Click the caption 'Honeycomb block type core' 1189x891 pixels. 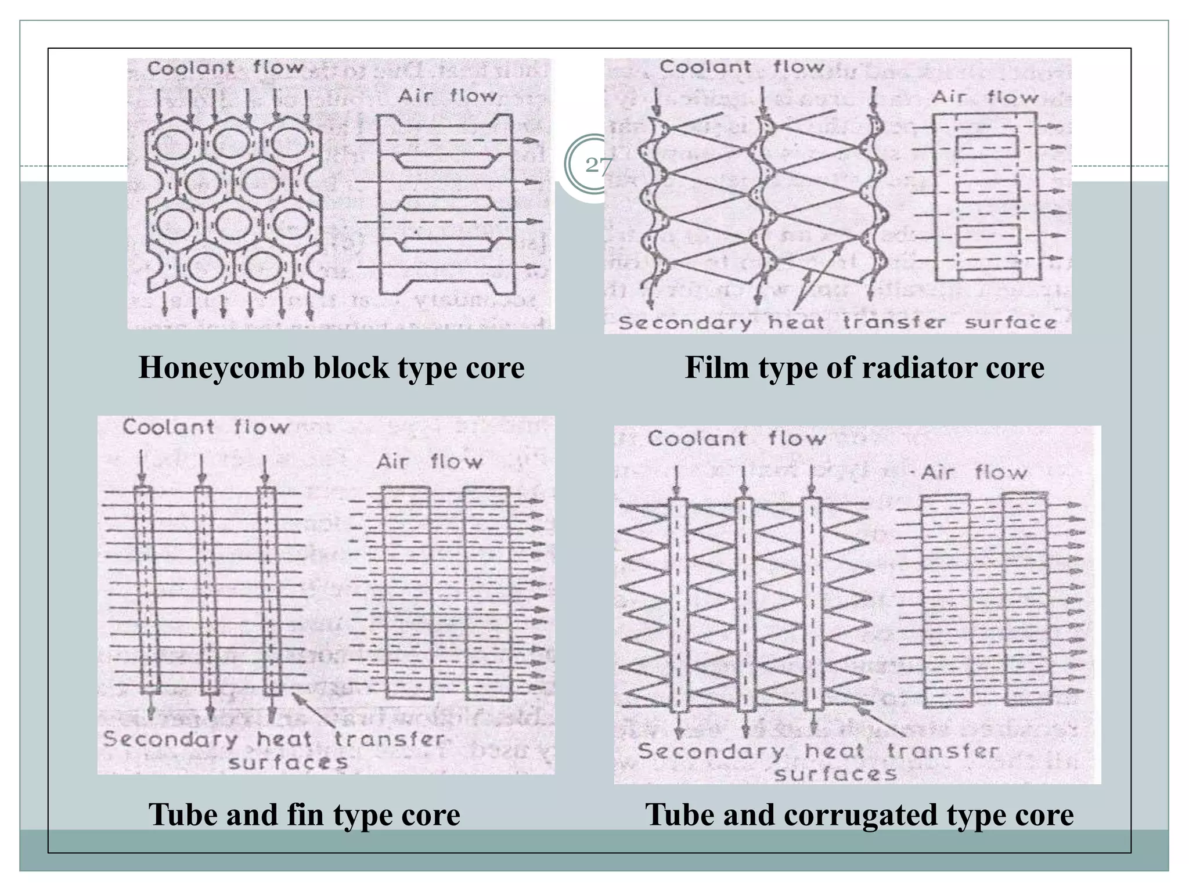click(x=332, y=367)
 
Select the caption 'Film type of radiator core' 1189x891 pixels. click(x=864, y=367)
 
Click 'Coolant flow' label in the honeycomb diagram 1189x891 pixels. click(x=225, y=68)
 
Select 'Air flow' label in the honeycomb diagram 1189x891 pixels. click(x=447, y=95)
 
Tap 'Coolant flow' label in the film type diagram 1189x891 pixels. click(x=741, y=67)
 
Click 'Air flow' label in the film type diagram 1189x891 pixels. click(x=985, y=97)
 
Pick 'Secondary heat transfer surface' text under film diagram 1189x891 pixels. click(x=837, y=323)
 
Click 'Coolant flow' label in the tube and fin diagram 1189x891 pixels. click(x=206, y=428)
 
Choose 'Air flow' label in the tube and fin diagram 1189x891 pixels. click(x=429, y=462)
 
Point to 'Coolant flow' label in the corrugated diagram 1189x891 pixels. click(x=736, y=438)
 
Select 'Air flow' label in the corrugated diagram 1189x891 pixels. click(x=974, y=472)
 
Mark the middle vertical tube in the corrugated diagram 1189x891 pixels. click(x=745, y=604)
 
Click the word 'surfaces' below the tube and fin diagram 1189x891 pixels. click(x=288, y=762)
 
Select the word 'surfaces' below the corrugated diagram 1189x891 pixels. click(x=835, y=774)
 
